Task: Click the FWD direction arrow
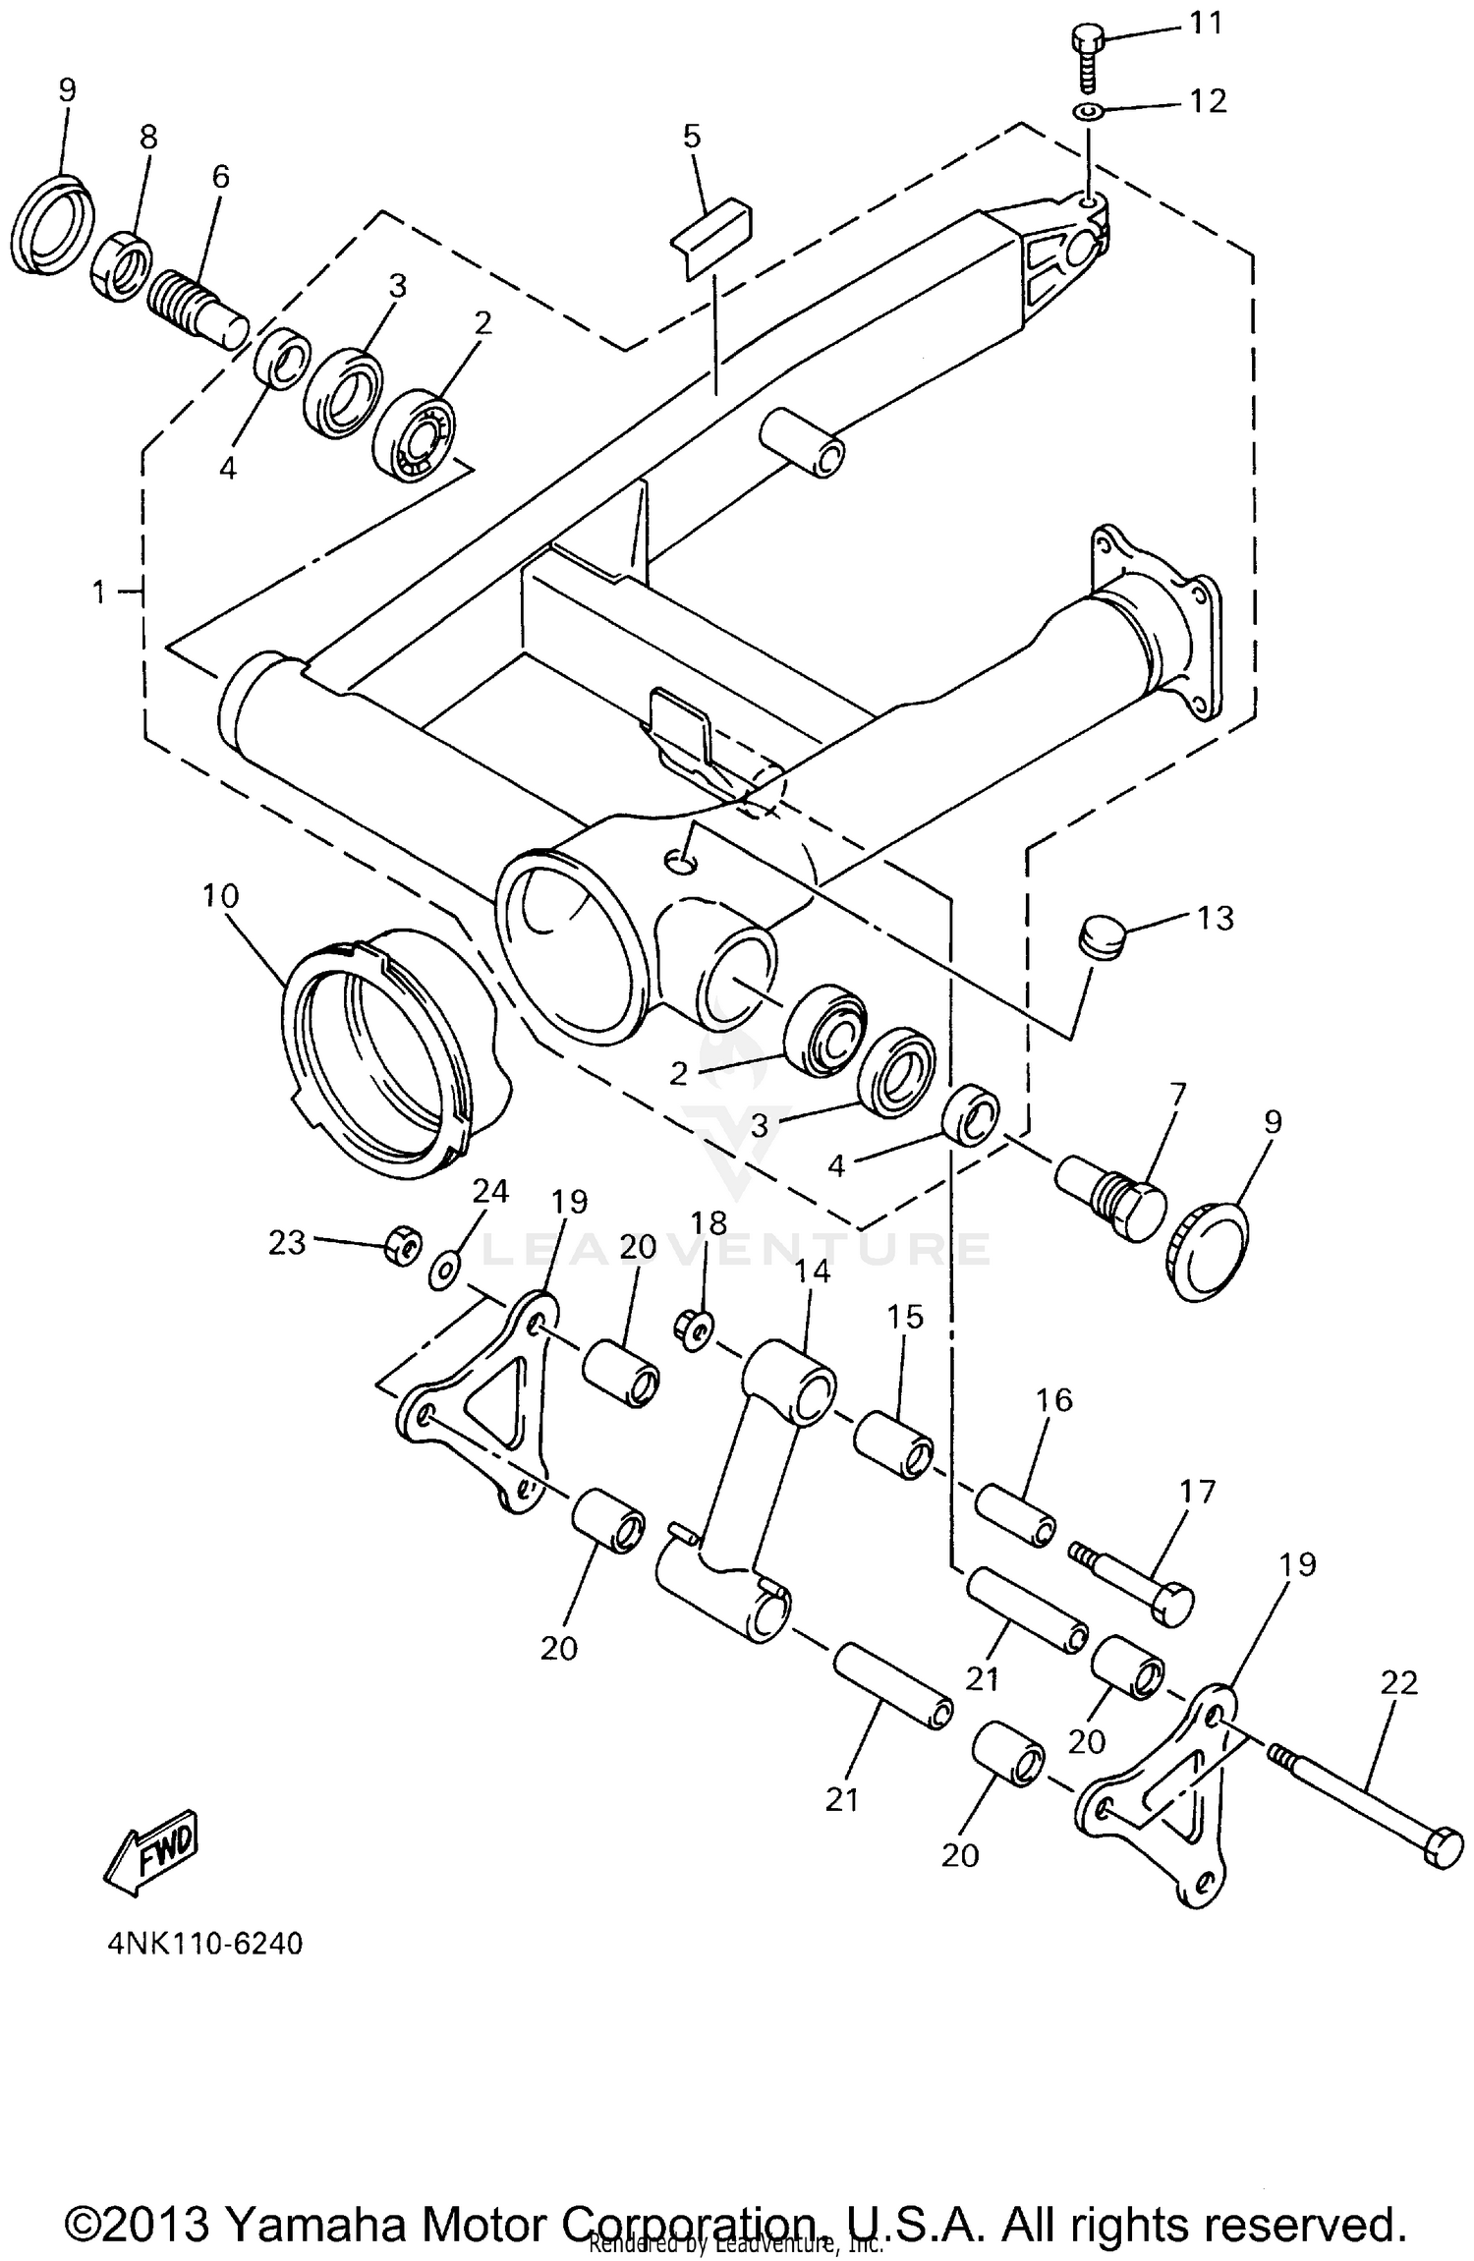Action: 153,1851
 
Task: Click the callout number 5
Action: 692,137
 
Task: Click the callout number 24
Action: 490,1192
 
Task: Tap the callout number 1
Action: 97,593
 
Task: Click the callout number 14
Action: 813,1272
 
